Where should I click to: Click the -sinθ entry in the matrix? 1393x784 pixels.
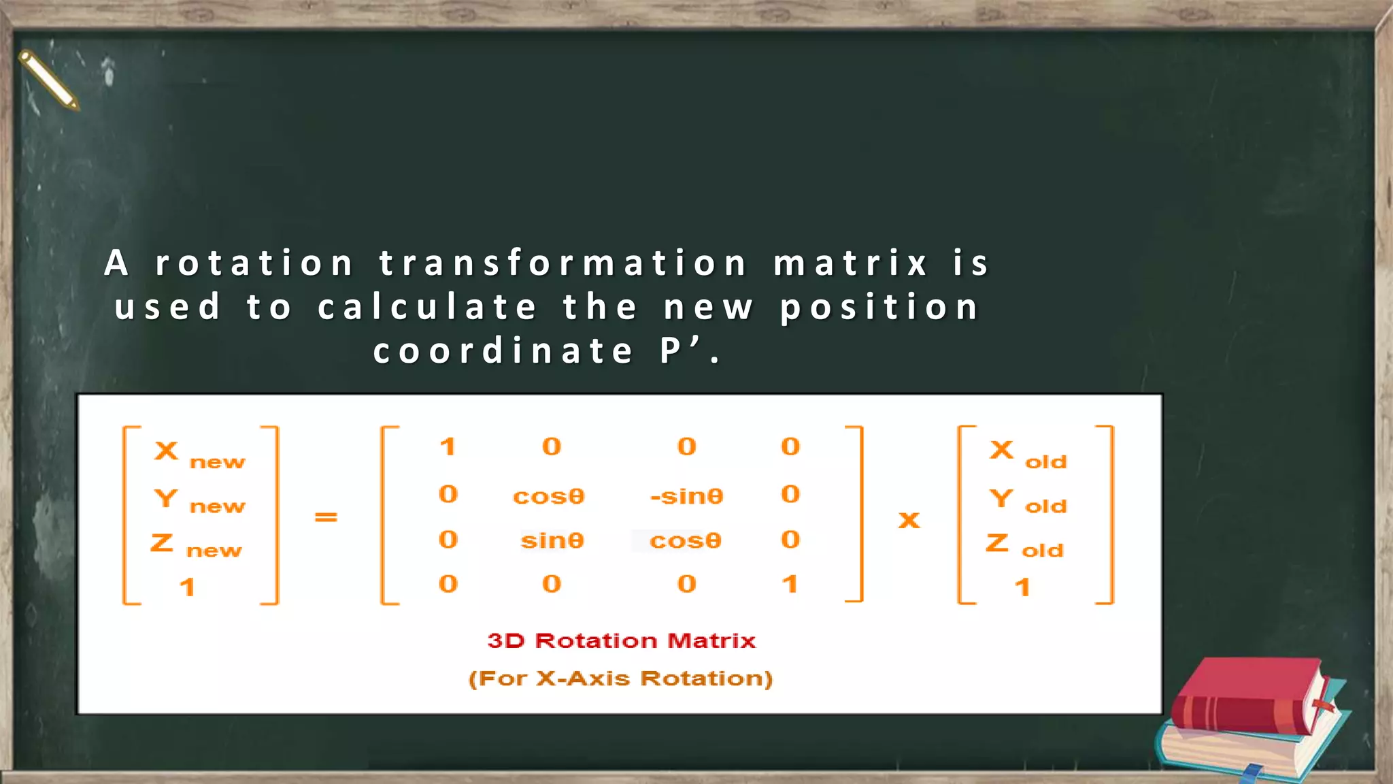(x=686, y=496)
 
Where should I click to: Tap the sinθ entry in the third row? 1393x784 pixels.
(x=552, y=540)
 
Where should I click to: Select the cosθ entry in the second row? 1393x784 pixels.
(x=548, y=496)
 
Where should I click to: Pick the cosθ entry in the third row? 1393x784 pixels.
(x=685, y=540)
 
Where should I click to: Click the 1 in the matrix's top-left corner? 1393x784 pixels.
(x=447, y=446)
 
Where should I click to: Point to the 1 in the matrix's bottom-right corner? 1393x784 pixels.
(x=790, y=584)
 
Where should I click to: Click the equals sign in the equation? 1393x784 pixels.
(x=326, y=518)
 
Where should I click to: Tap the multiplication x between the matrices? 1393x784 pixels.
(x=909, y=521)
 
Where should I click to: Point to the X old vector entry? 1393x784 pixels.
(x=1028, y=455)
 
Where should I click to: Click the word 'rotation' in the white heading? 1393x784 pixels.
(x=254, y=263)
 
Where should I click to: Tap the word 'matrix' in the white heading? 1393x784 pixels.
(x=851, y=263)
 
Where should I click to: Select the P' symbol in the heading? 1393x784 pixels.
(x=679, y=351)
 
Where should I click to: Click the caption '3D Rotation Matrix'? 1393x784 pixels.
(x=622, y=640)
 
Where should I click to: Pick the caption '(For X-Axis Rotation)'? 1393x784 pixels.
(x=620, y=679)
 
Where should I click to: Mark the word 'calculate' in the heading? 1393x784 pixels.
(x=428, y=307)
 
